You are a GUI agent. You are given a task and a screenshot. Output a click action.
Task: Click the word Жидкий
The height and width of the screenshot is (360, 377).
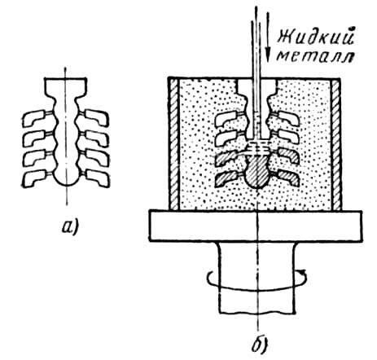[x=316, y=37]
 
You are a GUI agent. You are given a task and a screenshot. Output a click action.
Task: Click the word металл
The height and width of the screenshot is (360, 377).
[x=316, y=56]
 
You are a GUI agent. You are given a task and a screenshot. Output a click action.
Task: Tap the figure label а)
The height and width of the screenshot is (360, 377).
[x=70, y=227]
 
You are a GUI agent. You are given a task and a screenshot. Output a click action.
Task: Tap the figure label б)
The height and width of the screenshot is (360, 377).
[x=258, y=344]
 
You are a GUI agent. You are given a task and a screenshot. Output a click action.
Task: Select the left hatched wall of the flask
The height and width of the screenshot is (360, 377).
[x=174, y=144]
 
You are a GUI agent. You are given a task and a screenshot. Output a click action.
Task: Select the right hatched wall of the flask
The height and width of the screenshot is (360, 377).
[x=335, y=144]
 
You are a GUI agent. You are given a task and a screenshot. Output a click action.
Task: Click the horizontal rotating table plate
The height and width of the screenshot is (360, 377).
[x=256, y=226]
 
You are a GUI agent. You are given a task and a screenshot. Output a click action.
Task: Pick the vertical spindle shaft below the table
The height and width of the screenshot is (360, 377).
[x=257, y=278]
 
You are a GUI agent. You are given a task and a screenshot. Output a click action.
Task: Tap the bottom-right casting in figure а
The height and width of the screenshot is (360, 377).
[x=97, y=178]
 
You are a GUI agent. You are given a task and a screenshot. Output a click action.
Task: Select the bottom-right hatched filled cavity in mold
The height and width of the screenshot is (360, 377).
[x=288, y=178]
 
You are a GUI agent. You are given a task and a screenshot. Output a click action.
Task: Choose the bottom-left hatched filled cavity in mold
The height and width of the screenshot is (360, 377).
[x=226, y=178]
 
